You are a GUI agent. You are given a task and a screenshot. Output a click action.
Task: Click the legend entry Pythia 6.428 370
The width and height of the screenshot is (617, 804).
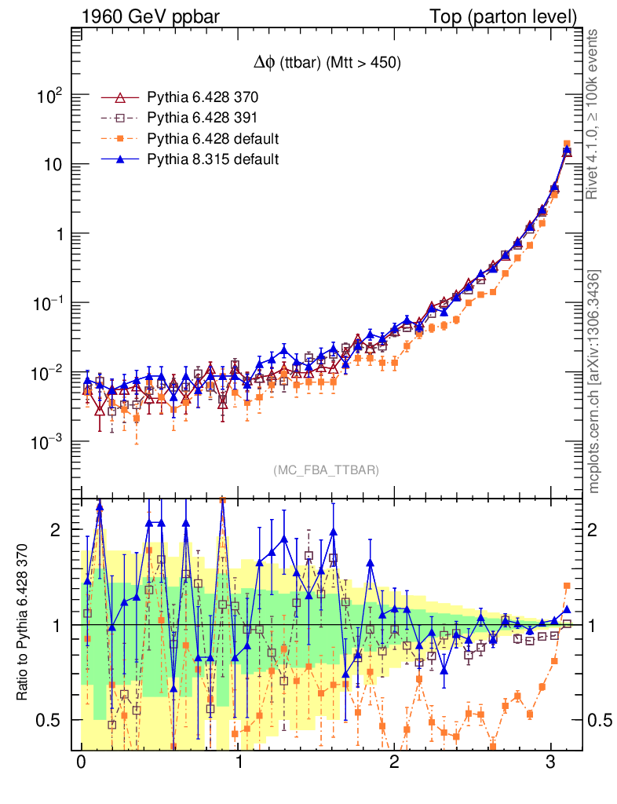[203, 98]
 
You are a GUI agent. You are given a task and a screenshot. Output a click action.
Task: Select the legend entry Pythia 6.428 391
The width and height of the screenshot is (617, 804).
[203, 119]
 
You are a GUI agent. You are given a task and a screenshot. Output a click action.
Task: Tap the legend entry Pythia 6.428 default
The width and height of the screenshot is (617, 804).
[213, 139]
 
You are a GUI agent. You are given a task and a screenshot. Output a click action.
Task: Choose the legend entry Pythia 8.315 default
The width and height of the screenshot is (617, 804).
[213, 159]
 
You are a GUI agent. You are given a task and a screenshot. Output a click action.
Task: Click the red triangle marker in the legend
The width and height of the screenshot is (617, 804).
[120, 98]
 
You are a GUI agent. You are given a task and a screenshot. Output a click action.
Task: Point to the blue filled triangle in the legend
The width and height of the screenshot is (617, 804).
[120, 159]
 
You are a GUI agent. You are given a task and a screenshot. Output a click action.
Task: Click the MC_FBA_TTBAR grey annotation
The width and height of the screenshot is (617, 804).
[326, 470]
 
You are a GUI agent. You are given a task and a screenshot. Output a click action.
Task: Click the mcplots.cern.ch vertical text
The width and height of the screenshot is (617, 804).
[594, 381]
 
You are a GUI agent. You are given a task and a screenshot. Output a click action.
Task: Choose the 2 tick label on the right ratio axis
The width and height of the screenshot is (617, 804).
[594, 530]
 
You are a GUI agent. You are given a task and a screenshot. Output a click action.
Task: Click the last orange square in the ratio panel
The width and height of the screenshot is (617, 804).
[567, 586]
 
